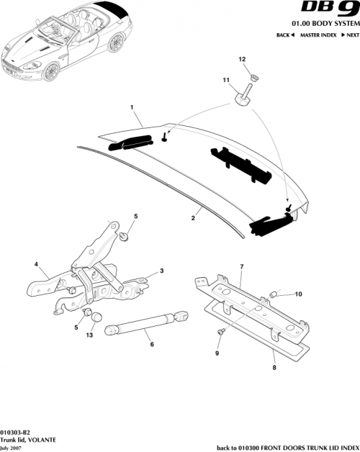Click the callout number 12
(x=242, y=59)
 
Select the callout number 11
(x=225, y=81)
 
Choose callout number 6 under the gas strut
(x=151, y=345)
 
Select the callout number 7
(x=241, y=267)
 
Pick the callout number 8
(x=273, y=366)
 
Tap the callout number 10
(x=299, y=294)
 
